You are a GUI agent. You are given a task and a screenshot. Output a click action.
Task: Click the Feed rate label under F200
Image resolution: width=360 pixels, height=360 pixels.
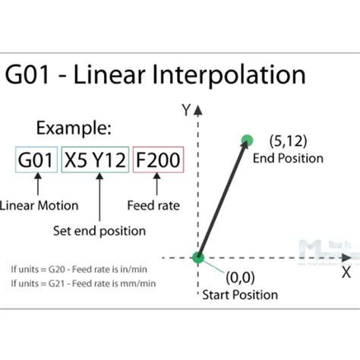(x=154, y=205)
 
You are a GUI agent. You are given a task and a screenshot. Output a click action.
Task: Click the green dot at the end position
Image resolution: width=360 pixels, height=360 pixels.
(x=246, y=139)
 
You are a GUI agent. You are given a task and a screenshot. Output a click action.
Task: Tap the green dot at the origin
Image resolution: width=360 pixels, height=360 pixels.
(x=198, y=258)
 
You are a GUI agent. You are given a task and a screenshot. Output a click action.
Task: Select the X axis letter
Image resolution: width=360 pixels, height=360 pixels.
(x=346, y=270)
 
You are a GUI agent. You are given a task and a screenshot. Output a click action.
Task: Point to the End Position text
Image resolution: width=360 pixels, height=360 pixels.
(x=288, y=159)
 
